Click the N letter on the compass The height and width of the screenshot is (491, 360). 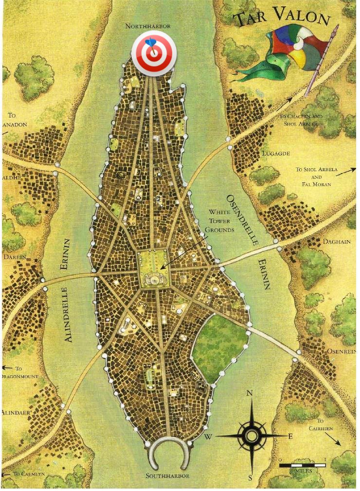pos(250,393)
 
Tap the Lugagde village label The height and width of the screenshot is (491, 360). pos(276,154)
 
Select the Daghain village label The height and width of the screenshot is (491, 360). pos(337,242)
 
